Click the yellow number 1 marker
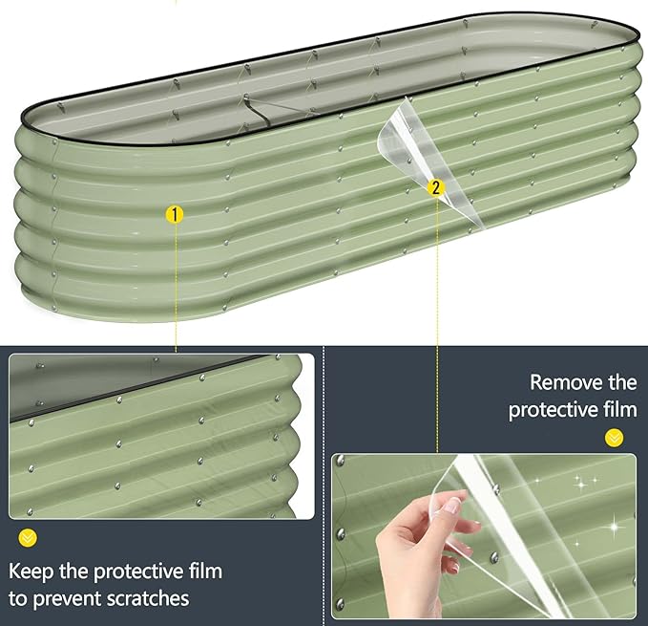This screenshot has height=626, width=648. tap(175, 215)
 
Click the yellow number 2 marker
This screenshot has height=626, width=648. tap(436, 188)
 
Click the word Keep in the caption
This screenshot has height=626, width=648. tap(31, 572)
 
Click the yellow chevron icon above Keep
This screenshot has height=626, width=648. tap(28, 538)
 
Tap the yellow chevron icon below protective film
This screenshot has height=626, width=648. tap(614, 438)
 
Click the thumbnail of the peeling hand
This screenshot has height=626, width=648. tap(484, 536)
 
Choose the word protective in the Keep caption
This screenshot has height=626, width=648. tap(138, 572)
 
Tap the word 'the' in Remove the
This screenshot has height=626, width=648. tap(622, 382)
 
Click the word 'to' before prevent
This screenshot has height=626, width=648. tap(18, 599)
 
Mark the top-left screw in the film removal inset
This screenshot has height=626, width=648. tap(341, 461)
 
